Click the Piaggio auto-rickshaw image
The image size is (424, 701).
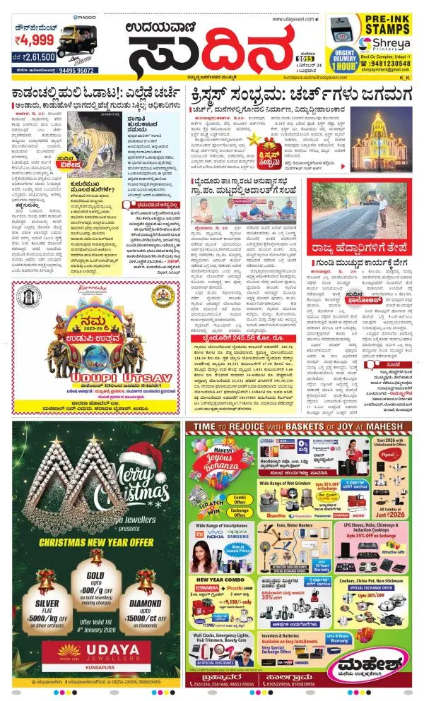pyautogui.click(x=74, y=37)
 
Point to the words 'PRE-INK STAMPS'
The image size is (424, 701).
pyautogui.click(x=383, y=24)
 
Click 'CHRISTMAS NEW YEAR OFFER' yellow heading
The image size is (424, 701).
pyautogui.click(x=95, y=541)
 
